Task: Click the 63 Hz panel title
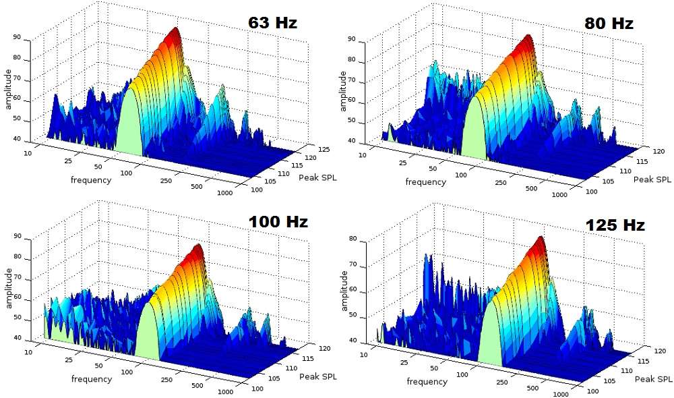click(x=272, y=22)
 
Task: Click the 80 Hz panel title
click(x=609, y=23)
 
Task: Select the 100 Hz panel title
click(x=278, y=221)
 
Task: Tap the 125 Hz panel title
click(x=615, y=225)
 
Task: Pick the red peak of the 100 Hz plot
click(x=197, y=248)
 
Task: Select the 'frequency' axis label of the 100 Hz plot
click(x=91, y=379)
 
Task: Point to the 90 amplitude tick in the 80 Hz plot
click(x=370, y=40)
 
